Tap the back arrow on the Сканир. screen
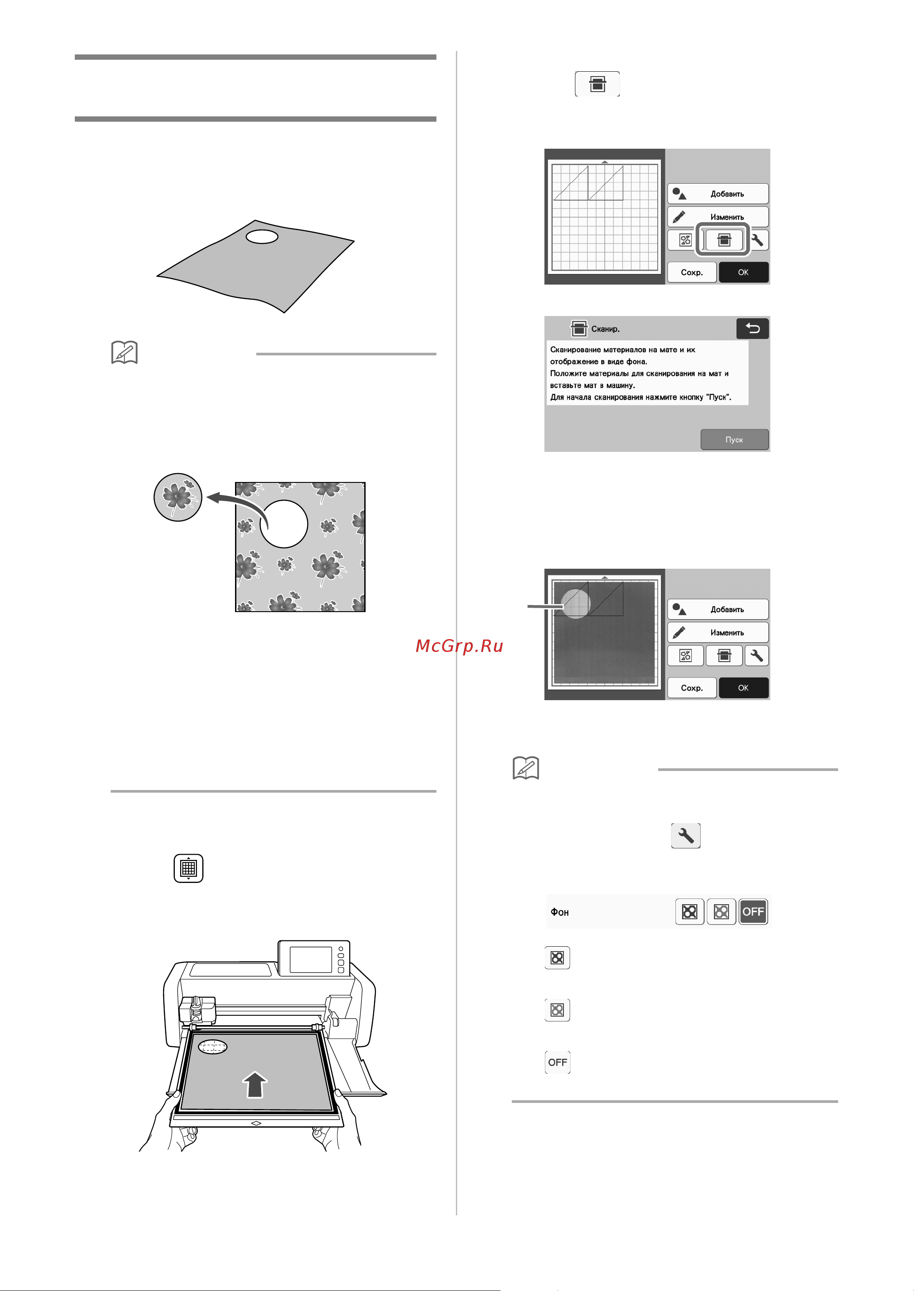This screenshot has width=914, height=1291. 752,329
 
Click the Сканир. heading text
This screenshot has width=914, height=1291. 605,329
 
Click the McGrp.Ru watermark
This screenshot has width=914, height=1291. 459,646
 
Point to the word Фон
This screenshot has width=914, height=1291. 559,912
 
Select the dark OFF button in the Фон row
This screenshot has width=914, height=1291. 753,912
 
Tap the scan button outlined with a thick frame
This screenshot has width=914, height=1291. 724,240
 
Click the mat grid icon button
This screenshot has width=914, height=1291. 189,868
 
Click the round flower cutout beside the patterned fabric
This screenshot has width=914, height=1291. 178,497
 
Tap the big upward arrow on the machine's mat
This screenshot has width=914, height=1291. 255,1084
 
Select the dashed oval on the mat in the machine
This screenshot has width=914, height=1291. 213,1047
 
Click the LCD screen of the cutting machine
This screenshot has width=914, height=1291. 311,960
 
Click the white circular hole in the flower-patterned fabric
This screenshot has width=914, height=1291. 284,524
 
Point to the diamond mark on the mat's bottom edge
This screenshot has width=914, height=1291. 256,1123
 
